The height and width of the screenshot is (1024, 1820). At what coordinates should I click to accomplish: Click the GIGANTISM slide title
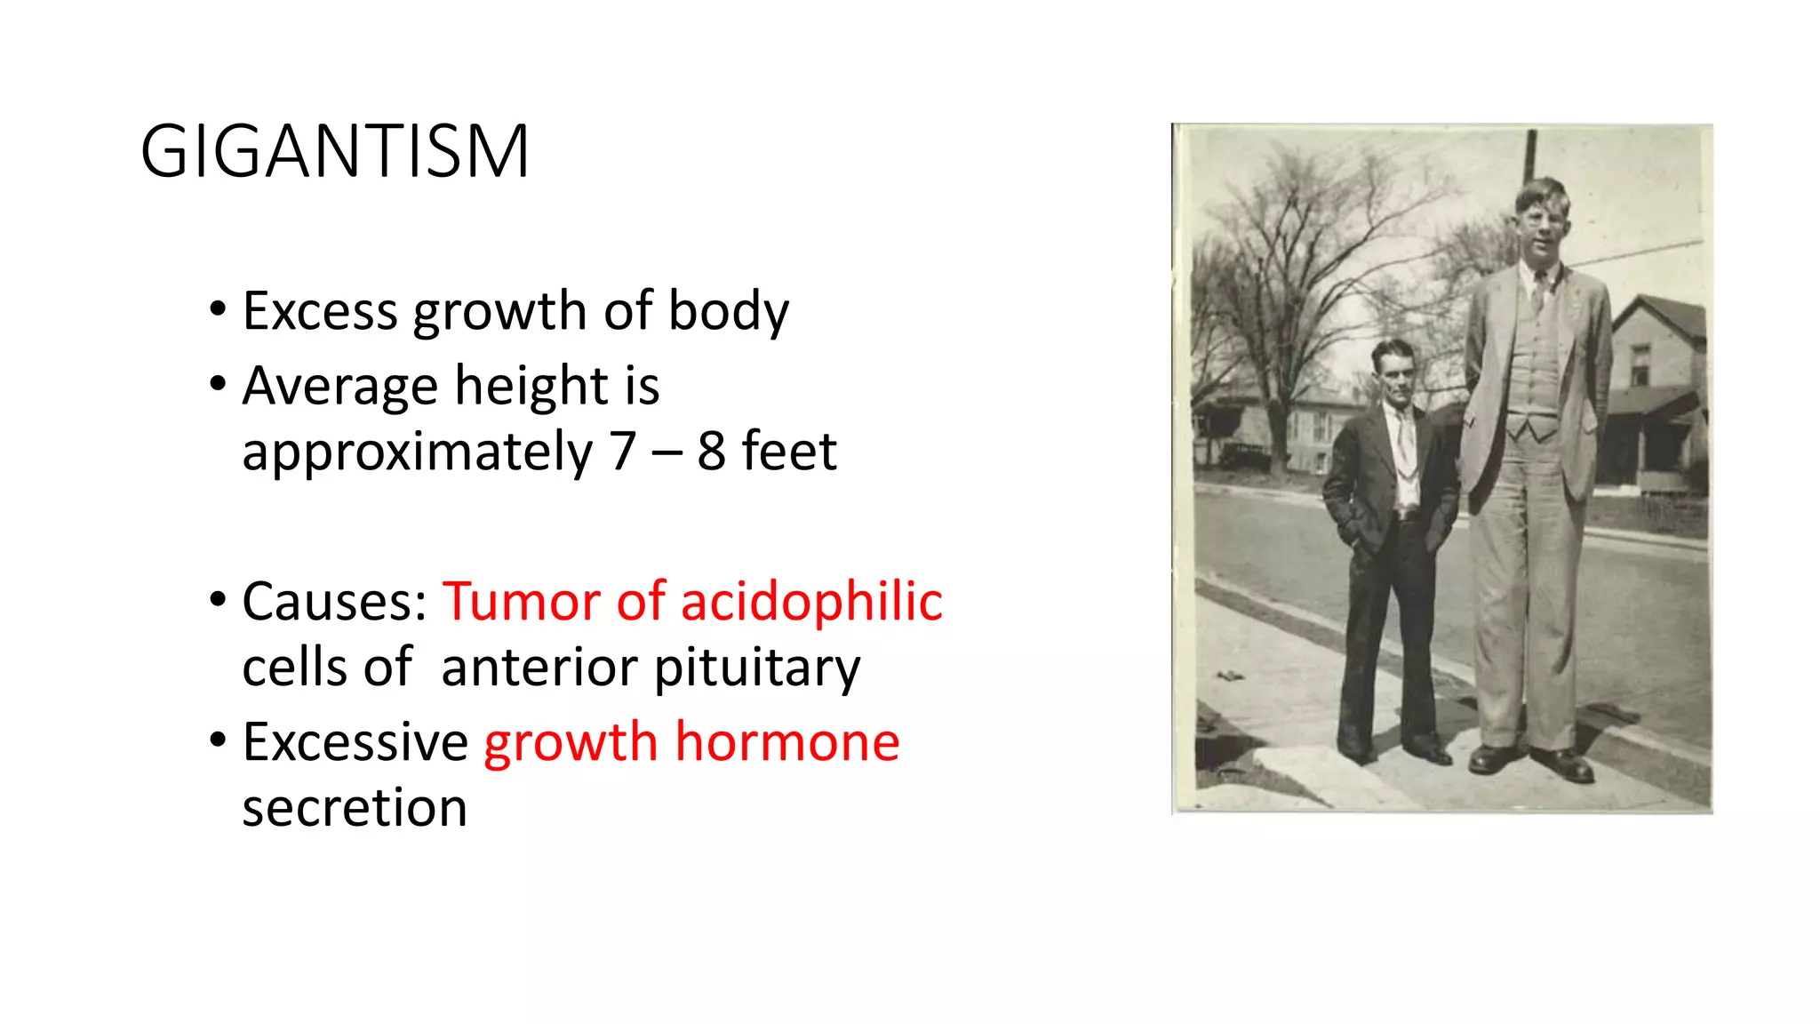[x=335, y=151]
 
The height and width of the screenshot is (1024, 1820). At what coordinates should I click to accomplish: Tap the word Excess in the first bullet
[x=320, y=311]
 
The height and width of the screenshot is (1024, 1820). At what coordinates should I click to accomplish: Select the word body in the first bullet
[x=728, y=311]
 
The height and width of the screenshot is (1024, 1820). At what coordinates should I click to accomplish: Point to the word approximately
[x=417, y=452]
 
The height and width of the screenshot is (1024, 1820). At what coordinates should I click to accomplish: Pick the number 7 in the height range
[x=623, y=452]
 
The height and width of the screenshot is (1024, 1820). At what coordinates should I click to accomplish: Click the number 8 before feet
[x=711, y=452]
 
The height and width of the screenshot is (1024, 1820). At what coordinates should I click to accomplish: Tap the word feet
[x=789, y=452]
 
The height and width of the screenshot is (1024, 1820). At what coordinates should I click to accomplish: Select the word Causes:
[x=335, y=602]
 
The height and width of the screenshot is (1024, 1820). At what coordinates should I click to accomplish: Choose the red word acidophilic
[x=811, y=602]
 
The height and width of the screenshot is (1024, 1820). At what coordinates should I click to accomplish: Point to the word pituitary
[x=757, y=668]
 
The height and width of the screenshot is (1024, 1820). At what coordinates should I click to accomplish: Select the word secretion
[x=355, y=808]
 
